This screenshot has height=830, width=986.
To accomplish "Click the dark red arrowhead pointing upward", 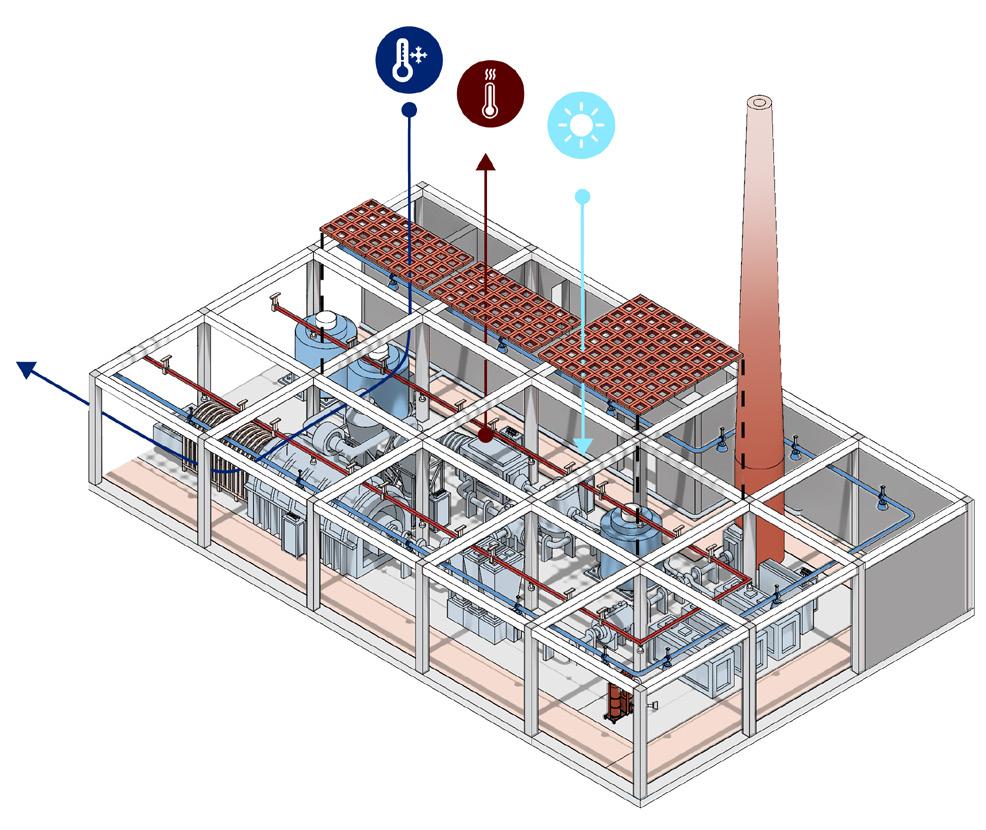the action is [x=486, y=162].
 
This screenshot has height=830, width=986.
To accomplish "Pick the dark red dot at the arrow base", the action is [x=485, y=435].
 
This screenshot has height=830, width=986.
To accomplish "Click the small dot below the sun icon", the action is [x=583, y=197].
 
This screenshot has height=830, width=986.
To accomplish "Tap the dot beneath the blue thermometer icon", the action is [x=409, y=111].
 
